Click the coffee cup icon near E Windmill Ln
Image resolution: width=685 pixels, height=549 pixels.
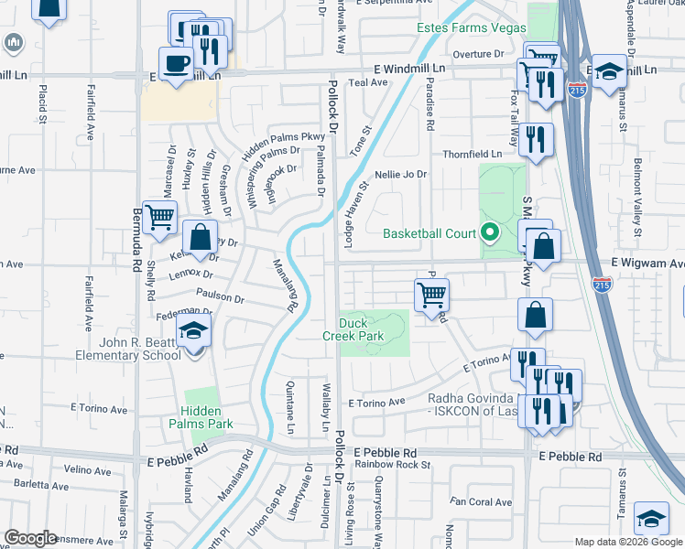175,63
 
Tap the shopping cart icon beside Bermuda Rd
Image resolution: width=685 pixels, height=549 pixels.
159,217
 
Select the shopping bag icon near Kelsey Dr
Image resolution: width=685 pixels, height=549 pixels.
200,237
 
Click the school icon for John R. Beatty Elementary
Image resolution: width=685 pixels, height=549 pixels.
194,331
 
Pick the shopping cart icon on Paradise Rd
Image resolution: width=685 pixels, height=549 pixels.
430,295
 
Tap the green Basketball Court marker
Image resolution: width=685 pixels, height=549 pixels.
489,232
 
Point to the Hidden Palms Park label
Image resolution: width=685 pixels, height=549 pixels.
201,417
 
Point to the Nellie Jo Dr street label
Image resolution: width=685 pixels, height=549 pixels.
400,175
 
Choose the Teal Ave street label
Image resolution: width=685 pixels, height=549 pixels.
368,81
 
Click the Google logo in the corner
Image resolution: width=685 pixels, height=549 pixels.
31,538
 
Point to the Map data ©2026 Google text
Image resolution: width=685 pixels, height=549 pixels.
628,542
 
